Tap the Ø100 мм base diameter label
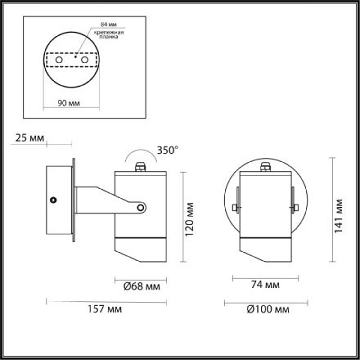(x=268, y=312)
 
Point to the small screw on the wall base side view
(x=54, y=200)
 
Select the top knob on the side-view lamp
(x=141, y=167)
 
